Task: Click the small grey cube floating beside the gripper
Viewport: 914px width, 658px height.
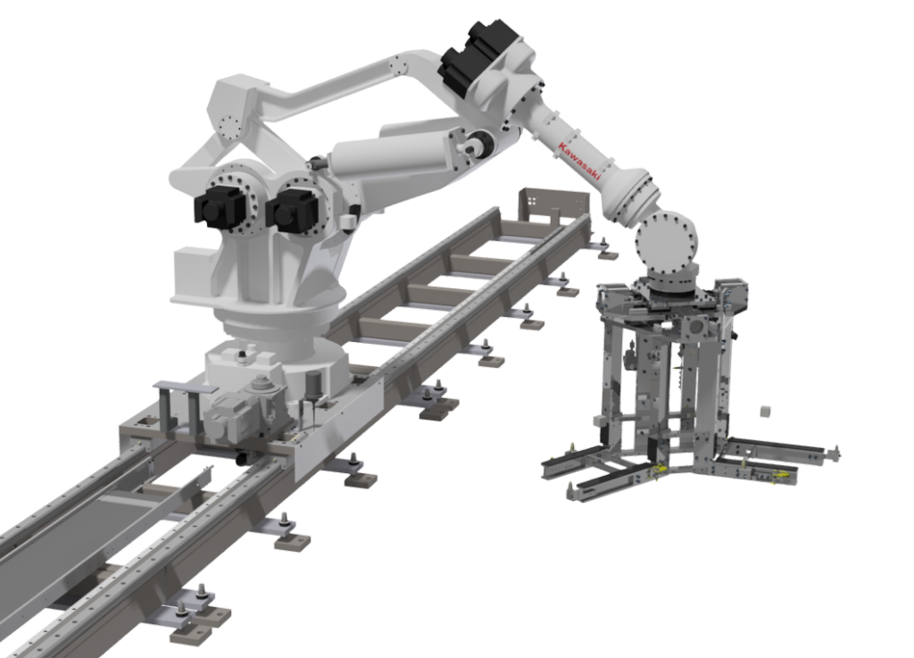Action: [764, 410]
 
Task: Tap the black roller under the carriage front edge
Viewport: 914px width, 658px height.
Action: [244, 459]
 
